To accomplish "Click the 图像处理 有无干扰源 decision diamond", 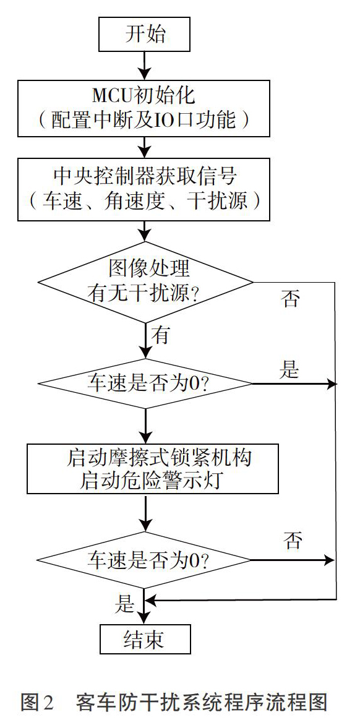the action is click(x=145, y=282).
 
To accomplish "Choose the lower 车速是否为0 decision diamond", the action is click(x=145, y=560).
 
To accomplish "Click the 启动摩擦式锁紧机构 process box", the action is click(x=152, y=468).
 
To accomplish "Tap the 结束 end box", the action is click(x=145, y=640).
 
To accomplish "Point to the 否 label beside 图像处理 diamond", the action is click(x=292, y=299).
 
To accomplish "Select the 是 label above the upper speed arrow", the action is click(x=289, y=369).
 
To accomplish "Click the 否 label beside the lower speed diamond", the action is click(x=293, y=541).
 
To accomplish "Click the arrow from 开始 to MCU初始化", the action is click(x=145, y=66).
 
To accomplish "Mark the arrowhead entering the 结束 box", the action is click(x=145, y=619).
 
